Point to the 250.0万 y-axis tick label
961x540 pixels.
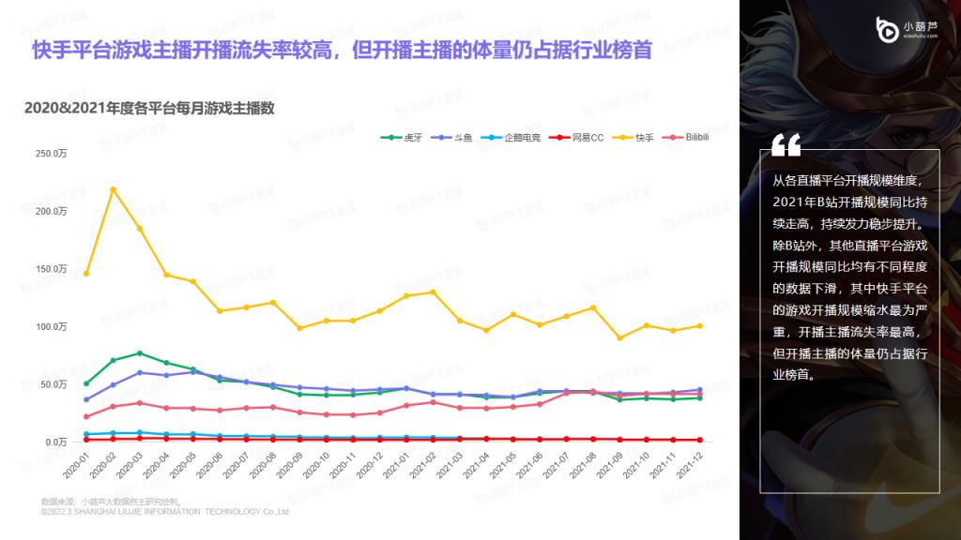pyautogui.click(x=51, y=153)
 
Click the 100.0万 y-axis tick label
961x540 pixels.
pyautogui.click(x=51, y=326)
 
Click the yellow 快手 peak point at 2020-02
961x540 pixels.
pyautogui.click(x=113, y=189)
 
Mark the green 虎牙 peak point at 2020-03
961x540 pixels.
pyautogui.click(x=140, y=353)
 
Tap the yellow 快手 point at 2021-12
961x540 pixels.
pyautogui.click(x=699, y=326)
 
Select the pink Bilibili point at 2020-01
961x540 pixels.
pyautogui.click(x=86, y=416)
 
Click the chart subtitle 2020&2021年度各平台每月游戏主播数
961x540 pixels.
pyautogui.click(x=149, y=108)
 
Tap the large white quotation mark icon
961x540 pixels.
pyautogui.click(x=786, y=144)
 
